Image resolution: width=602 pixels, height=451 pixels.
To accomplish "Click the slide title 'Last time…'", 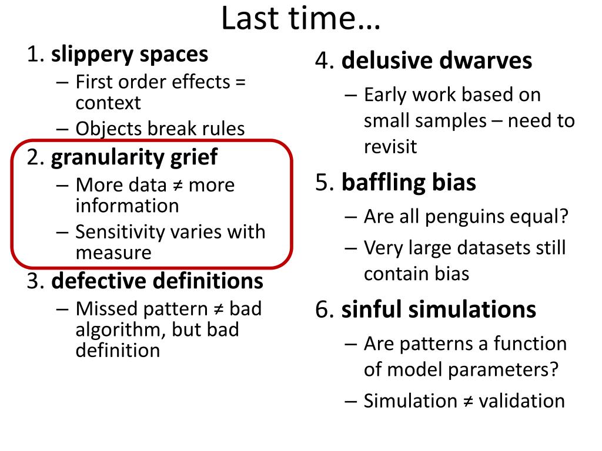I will [x=301, y=19].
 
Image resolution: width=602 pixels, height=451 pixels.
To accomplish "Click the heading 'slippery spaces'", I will [x=129, y=55].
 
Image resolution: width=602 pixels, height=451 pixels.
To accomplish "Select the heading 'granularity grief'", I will [x=134, y=157].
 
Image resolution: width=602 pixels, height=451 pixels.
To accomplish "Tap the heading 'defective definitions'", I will [x=157, y=281].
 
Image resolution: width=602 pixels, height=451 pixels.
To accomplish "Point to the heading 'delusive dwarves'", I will [x=437, y=61].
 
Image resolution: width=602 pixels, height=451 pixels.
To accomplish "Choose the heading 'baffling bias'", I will [x=409, y=183].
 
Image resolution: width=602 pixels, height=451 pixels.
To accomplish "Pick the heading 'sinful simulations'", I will [x=439, y=310].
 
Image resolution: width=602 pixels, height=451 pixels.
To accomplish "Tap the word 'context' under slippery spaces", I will [x=108, y=103].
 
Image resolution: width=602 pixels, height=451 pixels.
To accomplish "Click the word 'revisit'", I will [x=390, y=147].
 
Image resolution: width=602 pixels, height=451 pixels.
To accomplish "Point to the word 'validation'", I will [x=521, y=401].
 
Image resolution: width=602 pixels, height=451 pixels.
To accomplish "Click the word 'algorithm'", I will [x=121, y=329].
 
